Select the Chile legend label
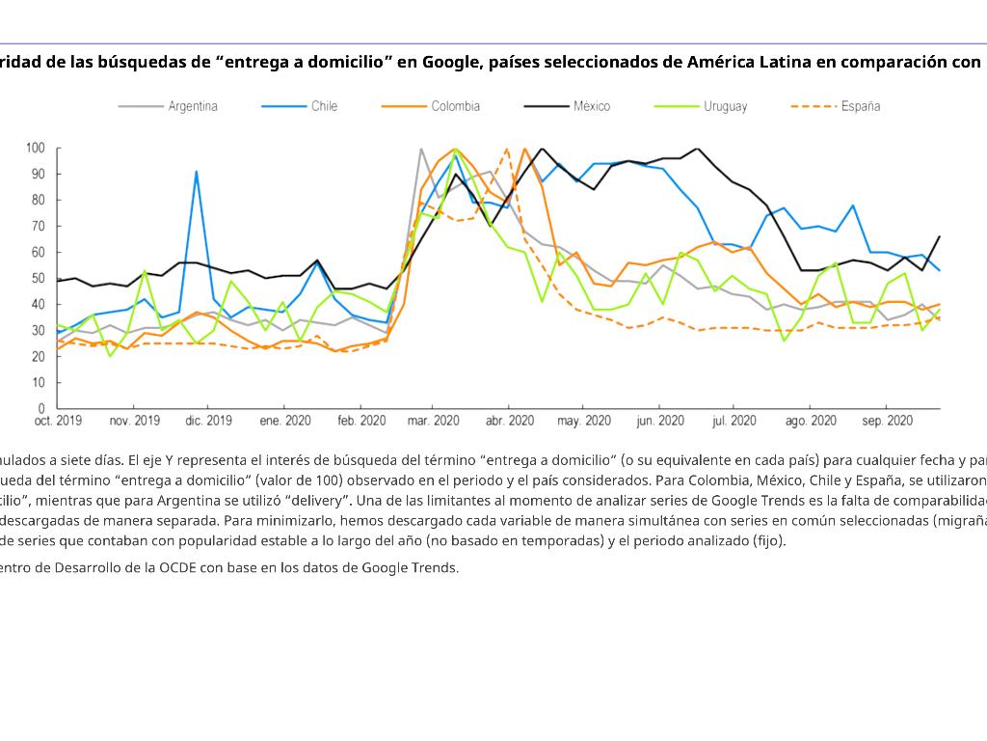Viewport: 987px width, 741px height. click(x=324, y=106)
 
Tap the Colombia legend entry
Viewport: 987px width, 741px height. click(x=455, y=106)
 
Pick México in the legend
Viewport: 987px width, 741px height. click(x=591, y=106)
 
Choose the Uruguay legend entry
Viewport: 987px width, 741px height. click(x=725, y=106)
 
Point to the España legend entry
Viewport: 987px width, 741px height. click(x=860, y=106)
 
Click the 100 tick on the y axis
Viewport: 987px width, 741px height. click(x=36, y=148)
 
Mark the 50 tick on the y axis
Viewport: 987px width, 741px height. click(x=39, y=278)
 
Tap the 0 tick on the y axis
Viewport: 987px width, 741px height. click(x=41, y=408)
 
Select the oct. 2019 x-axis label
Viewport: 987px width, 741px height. click(x=58, y=422)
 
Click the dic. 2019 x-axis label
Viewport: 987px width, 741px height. click(x=209, y=422)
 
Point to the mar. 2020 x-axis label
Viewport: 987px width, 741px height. click(x=433, y=422)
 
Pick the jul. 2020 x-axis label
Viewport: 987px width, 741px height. click(x=734, y=422)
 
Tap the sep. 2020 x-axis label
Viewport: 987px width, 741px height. click(x=887, y=422)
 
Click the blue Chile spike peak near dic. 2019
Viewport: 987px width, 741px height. click(x=197, y=172)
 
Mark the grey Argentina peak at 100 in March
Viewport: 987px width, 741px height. click(x=421, y=149)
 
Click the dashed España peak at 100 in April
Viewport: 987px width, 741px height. click(x=507, y=149)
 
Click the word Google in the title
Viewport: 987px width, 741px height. click(x=451, y=63)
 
